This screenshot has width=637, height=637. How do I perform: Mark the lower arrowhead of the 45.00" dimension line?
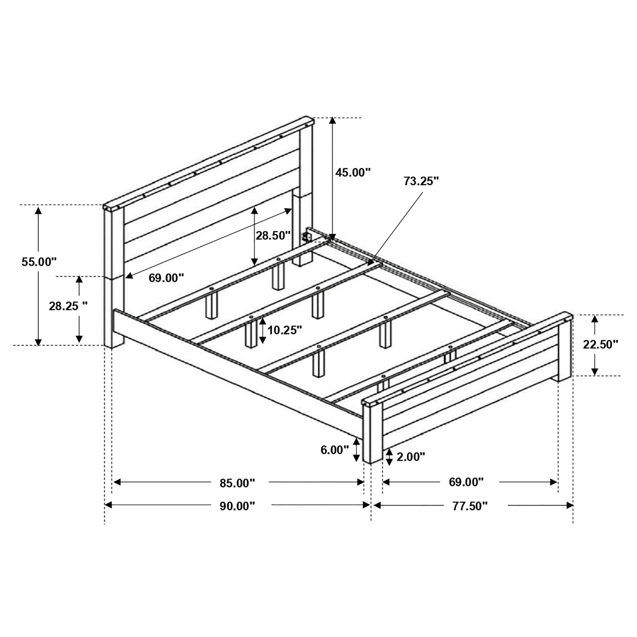click(332, 237)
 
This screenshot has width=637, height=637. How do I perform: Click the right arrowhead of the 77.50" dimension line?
click(569, 505)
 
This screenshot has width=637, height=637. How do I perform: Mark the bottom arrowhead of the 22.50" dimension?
click(594, 371)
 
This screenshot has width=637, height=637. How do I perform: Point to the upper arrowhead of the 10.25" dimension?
click(262, 322)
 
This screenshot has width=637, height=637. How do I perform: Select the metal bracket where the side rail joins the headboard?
click(307, 236)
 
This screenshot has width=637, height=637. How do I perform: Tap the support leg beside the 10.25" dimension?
click(251, 333)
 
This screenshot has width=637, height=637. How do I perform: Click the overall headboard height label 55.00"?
click(39, 262)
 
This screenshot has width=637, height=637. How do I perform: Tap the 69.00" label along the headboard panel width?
click(166, 278)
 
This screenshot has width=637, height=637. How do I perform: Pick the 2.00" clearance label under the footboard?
click(411, 457)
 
